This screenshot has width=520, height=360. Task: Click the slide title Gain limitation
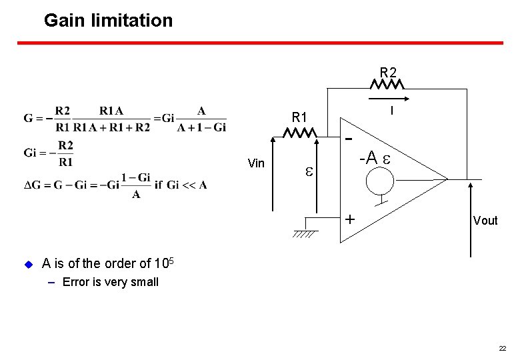pos(108,21)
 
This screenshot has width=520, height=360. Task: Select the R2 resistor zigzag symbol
pos(387,85)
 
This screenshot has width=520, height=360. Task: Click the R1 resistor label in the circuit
pos(300,118)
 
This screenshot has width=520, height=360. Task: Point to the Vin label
pos(256,163)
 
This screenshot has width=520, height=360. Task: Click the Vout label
pos(485,221)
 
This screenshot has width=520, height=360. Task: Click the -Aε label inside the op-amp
pos(375,159)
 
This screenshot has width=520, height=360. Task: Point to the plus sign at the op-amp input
pos(349,219)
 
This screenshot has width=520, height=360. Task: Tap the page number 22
pos(502,349)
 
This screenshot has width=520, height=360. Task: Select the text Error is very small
pos(110,282)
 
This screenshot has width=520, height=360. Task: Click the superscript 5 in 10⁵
pos(171,259)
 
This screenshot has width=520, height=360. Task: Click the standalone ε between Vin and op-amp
pos(309,172)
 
